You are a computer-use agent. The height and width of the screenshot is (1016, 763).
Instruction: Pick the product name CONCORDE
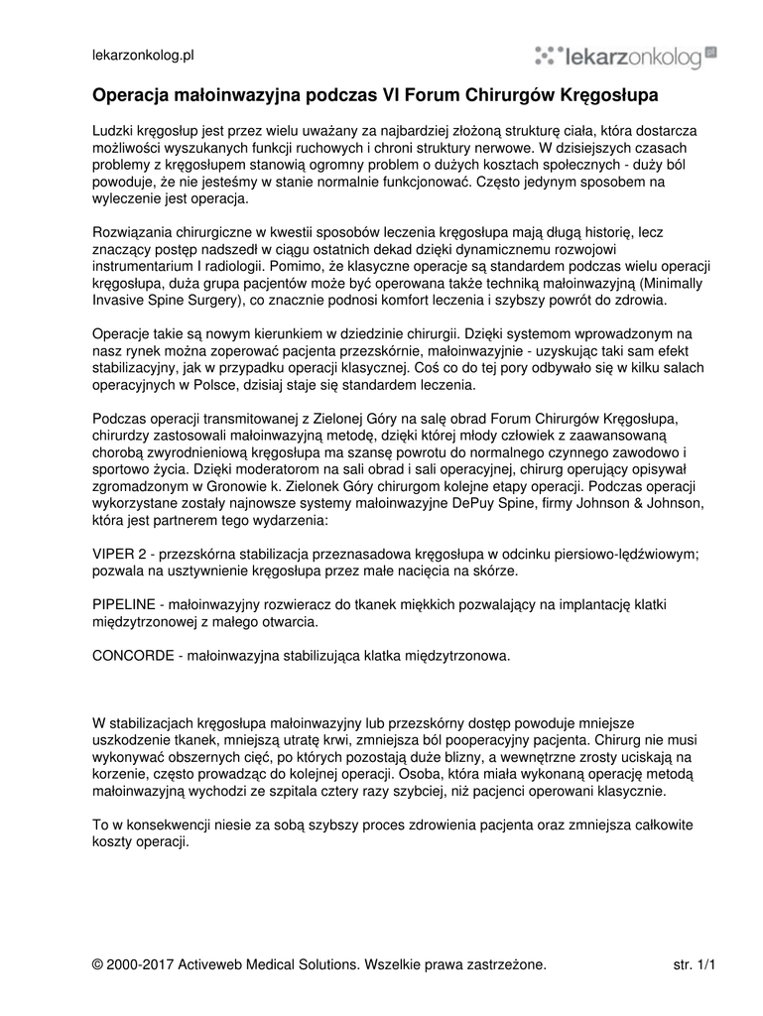(132, 656)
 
